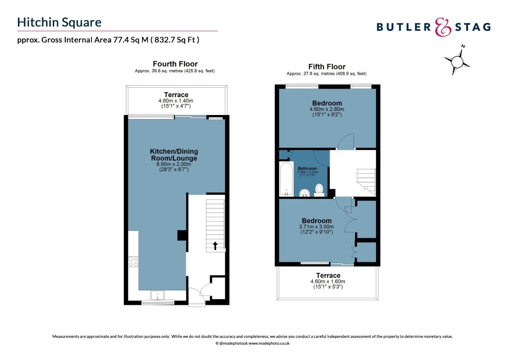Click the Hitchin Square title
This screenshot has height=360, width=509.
coord(59,22)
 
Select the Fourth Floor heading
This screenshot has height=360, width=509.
coord(175,64)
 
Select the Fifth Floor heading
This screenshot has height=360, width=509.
coord(326,67)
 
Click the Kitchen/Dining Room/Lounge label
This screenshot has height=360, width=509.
coord(174,155)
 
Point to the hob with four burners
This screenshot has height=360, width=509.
coord(133,262)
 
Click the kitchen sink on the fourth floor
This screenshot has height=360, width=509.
coord(157,295)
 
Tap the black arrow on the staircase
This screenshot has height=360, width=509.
coord(215,246)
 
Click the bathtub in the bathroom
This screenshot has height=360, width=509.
coord(286,179)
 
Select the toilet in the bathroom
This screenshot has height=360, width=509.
coord(319,190)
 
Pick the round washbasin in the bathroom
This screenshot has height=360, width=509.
coord(304,193)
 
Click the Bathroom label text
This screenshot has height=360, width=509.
coord(307,169)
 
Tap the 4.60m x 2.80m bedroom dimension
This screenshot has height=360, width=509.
coord(326,109)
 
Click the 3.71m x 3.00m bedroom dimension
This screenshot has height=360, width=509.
coord(316,227)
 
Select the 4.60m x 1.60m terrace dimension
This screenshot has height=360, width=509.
coord(328,281)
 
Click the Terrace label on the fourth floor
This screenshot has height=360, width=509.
coord(176,95)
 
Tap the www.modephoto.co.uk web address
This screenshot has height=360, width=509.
coord(269,343)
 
